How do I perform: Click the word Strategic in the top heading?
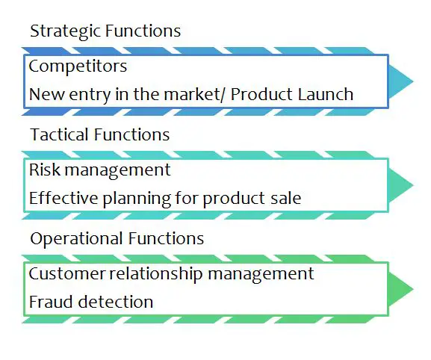(66, 31)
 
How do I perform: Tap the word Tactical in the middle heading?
(61, 134)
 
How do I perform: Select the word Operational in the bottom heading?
(76, 239)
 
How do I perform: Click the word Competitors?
(78, 66)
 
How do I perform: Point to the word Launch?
(326, 95)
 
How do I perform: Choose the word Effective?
(63, 198)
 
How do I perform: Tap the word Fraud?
(51, 302)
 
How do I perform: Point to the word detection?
(116, 302)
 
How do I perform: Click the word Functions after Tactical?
(132, 134)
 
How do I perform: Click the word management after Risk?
(117, 170)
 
